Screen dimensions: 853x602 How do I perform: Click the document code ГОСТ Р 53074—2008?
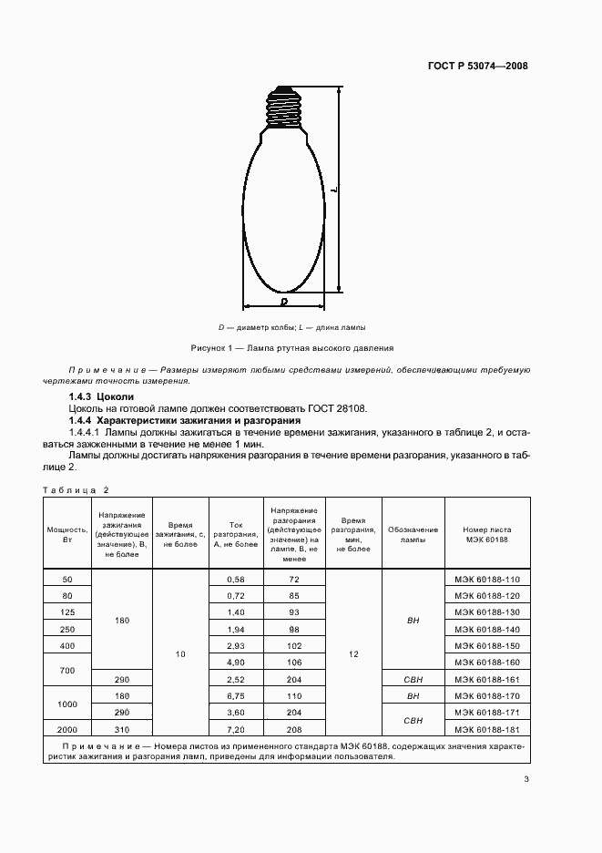click(x=478, y=67)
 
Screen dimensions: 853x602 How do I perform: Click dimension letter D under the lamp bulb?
click(x=284, y=300)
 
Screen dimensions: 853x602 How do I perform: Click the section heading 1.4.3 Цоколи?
click(x=101, y=397)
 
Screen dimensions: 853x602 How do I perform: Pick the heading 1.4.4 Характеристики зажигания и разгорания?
click(x=185, y=420)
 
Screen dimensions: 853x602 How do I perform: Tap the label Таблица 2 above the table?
click(x=76, y=489)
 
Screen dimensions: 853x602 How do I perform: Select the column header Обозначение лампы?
click(x=413, y=534)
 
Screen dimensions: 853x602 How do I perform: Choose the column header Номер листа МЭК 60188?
click(x=486, y=534)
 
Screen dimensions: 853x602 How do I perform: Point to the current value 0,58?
click(x=235, y=579)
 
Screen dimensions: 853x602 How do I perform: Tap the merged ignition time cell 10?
click(x=180, y=653)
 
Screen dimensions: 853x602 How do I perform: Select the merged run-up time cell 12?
click(x=352, y=653)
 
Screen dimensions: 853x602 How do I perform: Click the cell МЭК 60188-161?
click(x=486, y=679)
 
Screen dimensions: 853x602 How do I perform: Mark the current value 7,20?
click(x=235, y=728)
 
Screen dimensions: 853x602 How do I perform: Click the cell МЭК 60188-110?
click(x=486, y=579)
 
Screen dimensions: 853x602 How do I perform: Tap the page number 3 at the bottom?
click(x=526, y=777)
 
